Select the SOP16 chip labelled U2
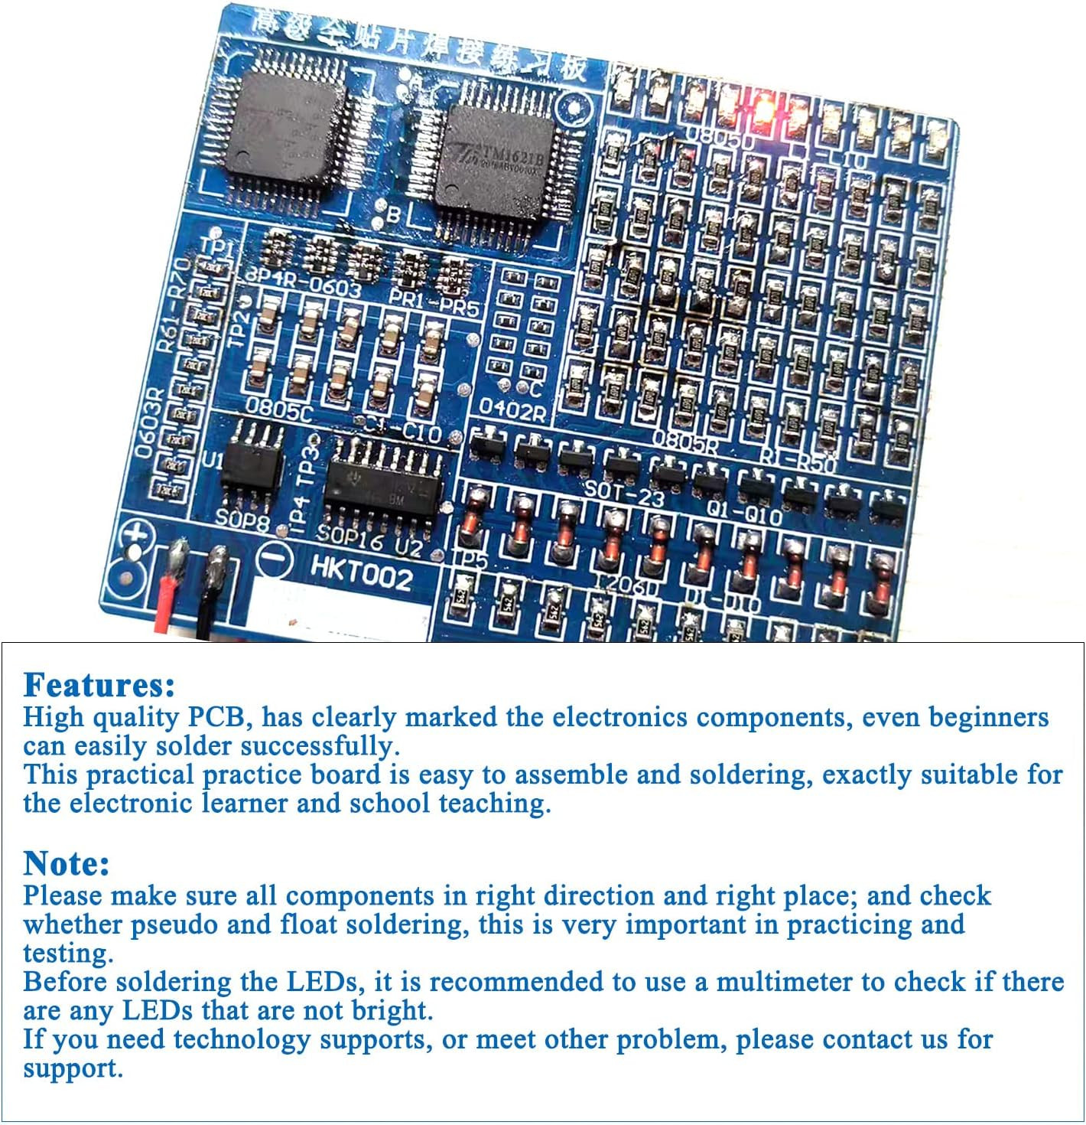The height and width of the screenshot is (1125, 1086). coord(382,489)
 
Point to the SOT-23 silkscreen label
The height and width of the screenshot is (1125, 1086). coord(624,493)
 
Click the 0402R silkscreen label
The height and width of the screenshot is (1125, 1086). coord(512,411)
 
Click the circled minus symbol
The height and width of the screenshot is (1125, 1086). coord(273,559)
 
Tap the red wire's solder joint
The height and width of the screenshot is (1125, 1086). coord(178,556)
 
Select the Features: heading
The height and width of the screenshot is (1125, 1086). coord(99,684)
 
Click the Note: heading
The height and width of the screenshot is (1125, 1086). coord(67,863)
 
